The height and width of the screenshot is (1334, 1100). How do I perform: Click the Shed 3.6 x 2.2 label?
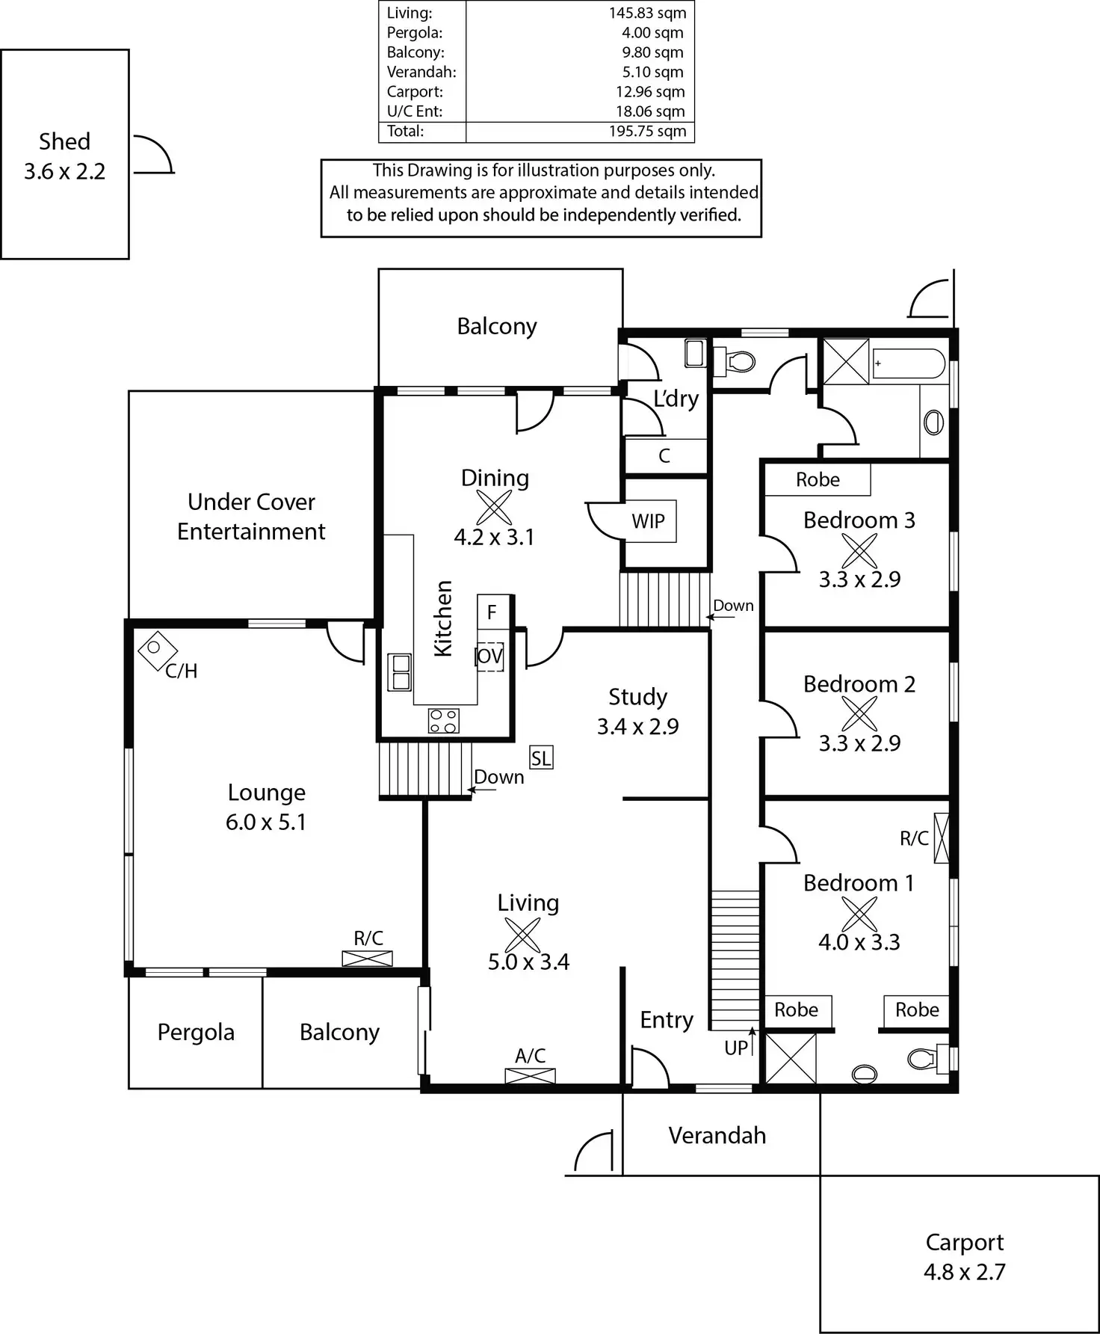pos(64,156)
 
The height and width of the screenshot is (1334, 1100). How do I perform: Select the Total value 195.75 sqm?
pos(647,131)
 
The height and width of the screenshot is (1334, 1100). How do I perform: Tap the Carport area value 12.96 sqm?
pos(650,92)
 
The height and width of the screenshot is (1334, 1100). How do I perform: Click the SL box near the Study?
pos(541,758)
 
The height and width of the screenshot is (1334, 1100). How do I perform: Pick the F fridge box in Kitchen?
pos(492,612)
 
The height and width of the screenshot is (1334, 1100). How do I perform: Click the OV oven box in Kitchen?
pos(490,657)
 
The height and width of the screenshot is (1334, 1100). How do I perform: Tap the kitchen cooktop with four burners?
pos(443,721)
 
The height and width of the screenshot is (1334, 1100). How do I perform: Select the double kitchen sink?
pos(400,671)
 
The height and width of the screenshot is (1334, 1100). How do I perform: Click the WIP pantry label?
pos(648,521)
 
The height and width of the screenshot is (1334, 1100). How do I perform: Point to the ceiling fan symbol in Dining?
pos(494,508)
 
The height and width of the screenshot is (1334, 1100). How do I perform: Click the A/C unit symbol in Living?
pos(530,1076)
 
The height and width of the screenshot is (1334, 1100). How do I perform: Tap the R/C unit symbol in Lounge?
pos(367,958)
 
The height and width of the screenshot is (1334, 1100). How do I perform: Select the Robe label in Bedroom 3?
pos(818,479)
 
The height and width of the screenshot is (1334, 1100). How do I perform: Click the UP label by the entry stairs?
pos(736,1048)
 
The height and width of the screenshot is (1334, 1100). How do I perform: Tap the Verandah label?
pos(717,1135)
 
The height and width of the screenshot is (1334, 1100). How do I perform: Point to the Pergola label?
pos(196,1032)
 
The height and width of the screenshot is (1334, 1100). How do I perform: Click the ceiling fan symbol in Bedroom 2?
pos(859,713)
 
